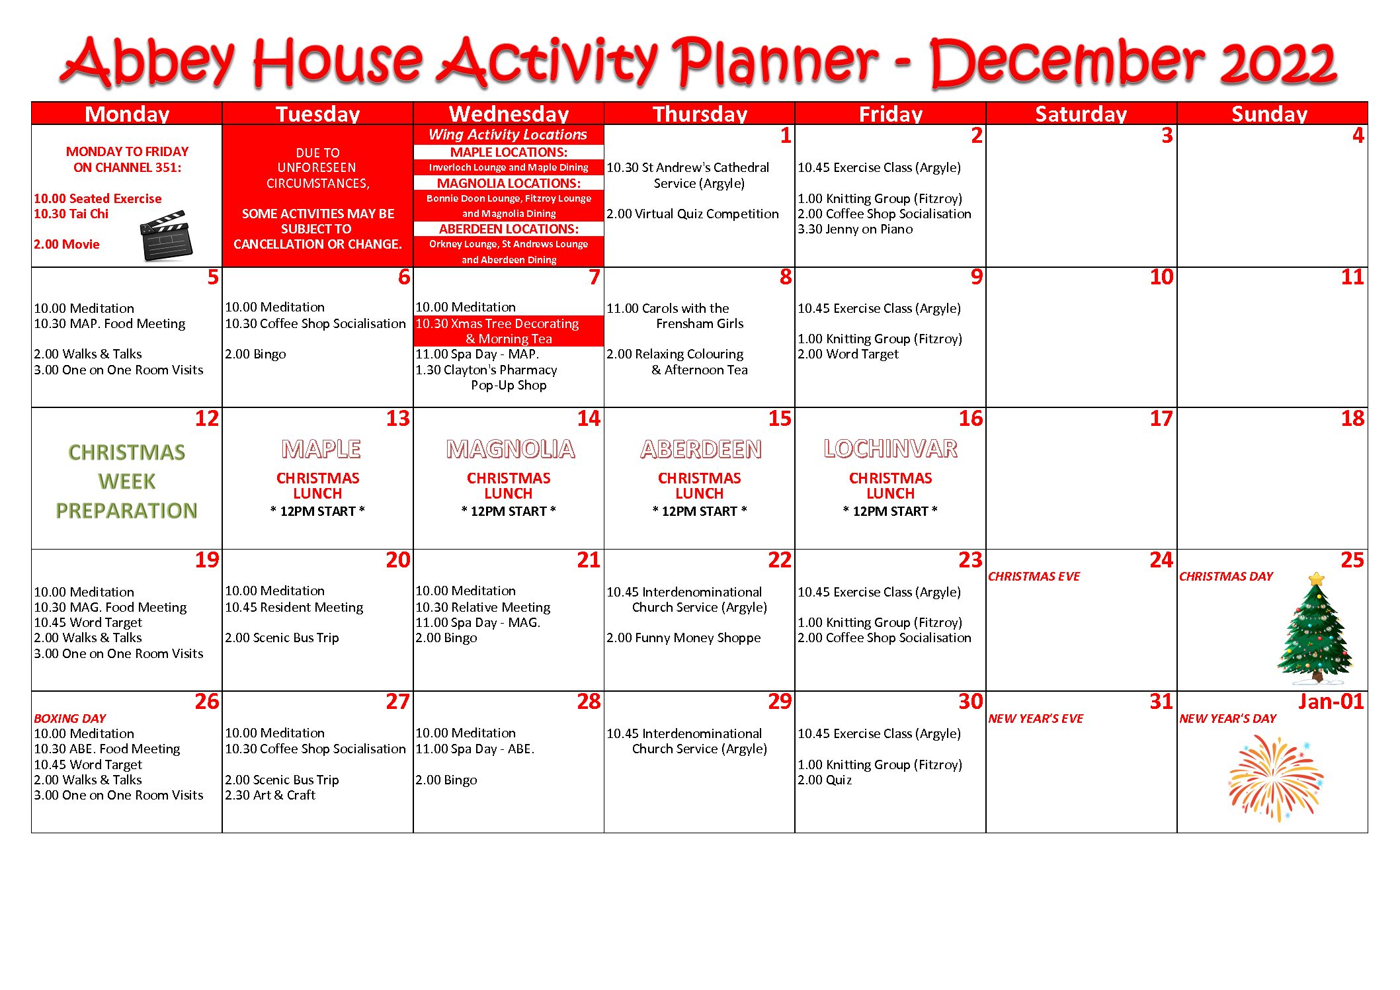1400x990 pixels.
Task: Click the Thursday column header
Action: click(700, 114)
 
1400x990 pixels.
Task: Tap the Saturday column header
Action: click(1081, 114)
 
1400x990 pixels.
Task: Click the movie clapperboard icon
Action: click(165, 235)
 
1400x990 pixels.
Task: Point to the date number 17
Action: click(1161, 419)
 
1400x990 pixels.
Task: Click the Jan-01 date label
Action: click(1331, 701)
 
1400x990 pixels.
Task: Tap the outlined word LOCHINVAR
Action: click(890, 449)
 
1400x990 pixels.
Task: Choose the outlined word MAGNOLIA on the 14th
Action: click(511, 450)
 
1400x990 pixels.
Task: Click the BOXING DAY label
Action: click(69, 718)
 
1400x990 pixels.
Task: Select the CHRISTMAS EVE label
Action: click(1034, 577)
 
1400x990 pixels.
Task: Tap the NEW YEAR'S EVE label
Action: click(1036, 718)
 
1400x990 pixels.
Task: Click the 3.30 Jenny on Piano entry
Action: click(854, 229)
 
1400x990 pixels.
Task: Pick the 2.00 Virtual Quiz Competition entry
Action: click(692, 214)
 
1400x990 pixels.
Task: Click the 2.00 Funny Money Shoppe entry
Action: click(683, 638)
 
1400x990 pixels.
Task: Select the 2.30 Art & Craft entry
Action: click(270, 795)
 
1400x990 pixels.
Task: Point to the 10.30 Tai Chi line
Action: click(71, 214)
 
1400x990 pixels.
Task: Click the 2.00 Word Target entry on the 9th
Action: click(848, 354)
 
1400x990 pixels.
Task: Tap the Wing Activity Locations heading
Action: click(508, 135)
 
